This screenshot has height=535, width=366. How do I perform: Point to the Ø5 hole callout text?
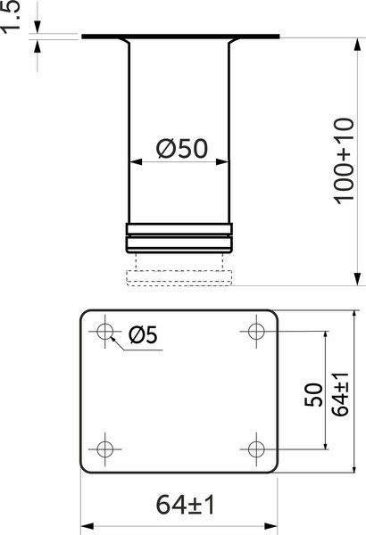coord(143,335)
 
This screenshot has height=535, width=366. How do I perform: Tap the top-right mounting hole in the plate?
coord(256,333)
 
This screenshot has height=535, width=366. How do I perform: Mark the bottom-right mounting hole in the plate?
coord(256,448)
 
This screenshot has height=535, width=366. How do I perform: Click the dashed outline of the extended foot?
coord(179,277)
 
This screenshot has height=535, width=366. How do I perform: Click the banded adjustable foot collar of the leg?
coord(179,240)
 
